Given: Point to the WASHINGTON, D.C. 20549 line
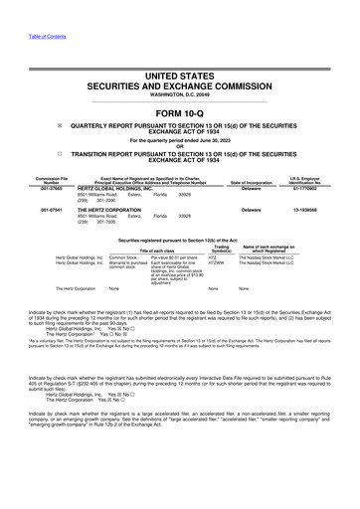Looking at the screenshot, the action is click(x=179, y=94).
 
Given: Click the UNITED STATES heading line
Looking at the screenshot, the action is click(x=179, y=64).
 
